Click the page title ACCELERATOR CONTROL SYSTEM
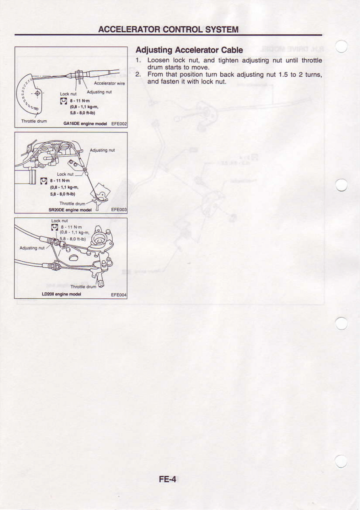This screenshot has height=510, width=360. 168,29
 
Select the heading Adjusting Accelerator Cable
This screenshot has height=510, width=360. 189,50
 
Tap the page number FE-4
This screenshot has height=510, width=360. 167,479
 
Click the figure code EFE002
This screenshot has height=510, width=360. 119,124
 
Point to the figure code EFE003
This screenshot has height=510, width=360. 119,210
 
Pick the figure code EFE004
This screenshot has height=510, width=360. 119,295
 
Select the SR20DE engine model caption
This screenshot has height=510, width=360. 70,210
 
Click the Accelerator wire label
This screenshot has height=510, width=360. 109,84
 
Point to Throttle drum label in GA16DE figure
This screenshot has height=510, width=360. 34,121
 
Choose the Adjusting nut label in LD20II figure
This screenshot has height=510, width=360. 32,248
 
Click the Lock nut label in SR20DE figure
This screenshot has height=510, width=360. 65,174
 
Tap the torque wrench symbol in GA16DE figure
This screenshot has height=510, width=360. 63,101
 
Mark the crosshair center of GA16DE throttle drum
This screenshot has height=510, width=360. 38,93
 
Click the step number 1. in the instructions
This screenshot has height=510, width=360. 138,61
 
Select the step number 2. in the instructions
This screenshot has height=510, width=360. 138,75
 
